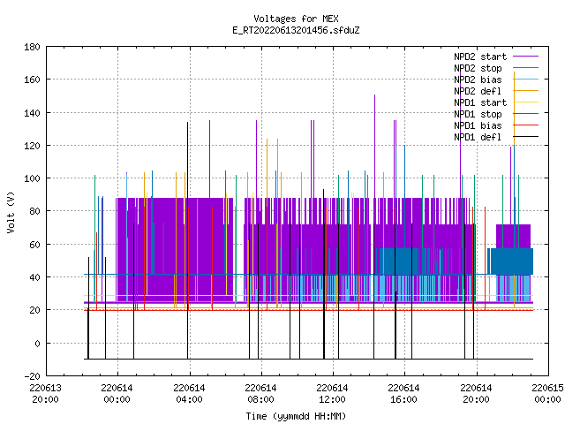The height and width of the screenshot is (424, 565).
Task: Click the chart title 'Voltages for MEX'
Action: pyautogui.click(x=296, y=19)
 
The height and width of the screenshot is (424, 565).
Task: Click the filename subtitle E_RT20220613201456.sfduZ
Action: pyautogui.click(x=296, y=30)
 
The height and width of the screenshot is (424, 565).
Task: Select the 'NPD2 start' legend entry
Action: pyautogui.click(x=496, y=57)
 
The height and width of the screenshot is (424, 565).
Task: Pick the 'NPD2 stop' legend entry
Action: pyautogui.click(x=496, y=68)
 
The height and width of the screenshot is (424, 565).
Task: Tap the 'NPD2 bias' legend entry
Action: pyautogui.click(x=496, y=79)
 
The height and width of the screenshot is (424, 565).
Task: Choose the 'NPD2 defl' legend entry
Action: pyautogui.click(x=496, y=91)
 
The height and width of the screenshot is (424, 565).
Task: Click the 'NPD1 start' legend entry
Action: pyautogui.click(x=496, y=102)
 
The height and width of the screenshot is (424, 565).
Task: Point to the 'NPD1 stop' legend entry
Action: pyautogui.click(x=496, y=114)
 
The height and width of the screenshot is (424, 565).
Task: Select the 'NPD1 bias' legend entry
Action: pyautogui.click(x=496, y=125)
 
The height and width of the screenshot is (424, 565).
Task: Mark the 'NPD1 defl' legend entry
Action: pyautogui.click(x=496, y=138)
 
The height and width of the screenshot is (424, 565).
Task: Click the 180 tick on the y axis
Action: pyautogui.click(x=32, y=47)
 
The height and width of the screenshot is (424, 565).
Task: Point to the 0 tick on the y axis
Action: pyautogui.click(x=37, y=344)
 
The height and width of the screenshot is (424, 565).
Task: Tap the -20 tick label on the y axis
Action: pyautogui.click(x=32, y=376)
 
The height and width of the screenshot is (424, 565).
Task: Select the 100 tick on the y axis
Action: pyautogui.click(x=32, y=178)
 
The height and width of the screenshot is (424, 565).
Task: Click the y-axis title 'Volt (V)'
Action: pyautogui.click(x=11, y=212)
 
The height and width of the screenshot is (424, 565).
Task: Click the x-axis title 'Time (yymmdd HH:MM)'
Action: pyautogui.click(x=296, y=416)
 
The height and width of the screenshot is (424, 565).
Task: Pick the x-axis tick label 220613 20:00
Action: pyautogui.click(x=46, y=394)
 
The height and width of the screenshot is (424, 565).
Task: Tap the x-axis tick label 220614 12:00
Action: pyautogui.click(x=332, y=394)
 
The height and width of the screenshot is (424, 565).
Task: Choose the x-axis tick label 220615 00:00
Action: pyautogui.click(x=547, y=394)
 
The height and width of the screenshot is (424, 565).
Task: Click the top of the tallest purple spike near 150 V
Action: pyautogui.click(x=374, y=95)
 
